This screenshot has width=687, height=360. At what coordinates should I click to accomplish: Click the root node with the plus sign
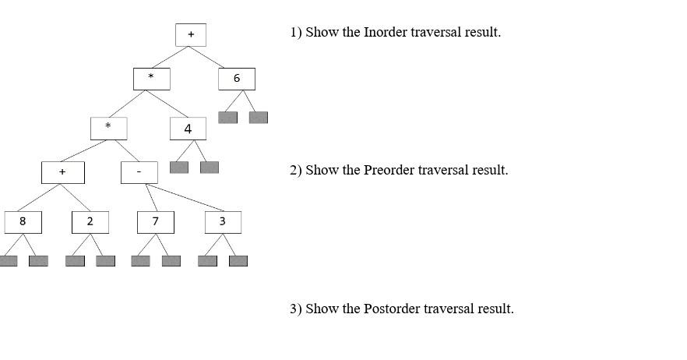pos(191,34)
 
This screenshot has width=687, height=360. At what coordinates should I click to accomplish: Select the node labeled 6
pos(237,79)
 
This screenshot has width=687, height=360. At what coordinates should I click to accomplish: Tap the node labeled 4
pos(188,129)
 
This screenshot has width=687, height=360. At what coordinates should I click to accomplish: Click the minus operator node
pos(139,172)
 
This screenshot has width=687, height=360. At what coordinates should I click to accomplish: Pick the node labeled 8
pos(23,222)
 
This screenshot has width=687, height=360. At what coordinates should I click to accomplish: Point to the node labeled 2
pos(90,222)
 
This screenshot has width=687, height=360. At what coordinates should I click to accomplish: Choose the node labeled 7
pos(156,222)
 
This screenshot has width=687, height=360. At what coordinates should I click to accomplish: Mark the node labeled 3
pos(223,222)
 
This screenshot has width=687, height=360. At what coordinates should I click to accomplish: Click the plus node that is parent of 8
pos(62,172)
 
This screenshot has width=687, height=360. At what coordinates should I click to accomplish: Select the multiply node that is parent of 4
pos(151,79)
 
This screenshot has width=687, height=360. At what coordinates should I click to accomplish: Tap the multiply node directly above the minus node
pos(108,128)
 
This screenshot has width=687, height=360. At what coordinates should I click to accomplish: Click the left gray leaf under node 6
pos(227,118)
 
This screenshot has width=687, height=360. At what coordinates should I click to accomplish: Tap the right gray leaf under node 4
pos(210,168)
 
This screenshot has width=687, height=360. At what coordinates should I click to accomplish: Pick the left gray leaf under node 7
pos(140,261)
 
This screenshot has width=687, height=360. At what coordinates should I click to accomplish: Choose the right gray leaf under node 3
pos(238,261)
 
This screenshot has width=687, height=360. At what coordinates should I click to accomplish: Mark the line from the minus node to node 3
pos(183,198)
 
